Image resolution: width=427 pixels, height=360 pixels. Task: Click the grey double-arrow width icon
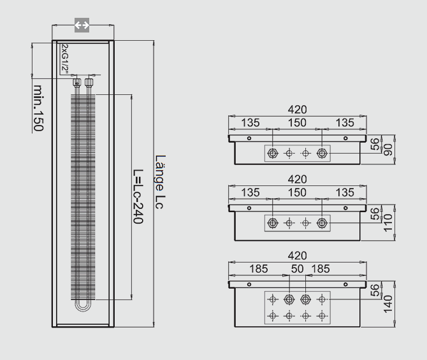82,25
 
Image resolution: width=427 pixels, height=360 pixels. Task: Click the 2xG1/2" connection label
65,58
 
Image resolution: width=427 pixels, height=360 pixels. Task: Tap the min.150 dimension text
38,108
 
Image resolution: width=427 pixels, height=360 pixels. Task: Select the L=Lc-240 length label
138,196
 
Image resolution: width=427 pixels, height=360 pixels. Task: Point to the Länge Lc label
160,182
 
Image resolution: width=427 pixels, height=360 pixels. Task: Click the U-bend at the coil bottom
83,306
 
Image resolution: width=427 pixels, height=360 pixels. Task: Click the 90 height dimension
388,150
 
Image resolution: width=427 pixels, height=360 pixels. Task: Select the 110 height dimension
388,223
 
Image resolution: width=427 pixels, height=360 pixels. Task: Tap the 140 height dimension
388,304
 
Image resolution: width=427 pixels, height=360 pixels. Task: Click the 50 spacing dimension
297,269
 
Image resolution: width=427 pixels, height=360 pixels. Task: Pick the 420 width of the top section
298,110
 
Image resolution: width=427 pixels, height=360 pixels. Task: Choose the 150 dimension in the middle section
297,192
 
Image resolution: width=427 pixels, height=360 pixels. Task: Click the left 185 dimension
259,269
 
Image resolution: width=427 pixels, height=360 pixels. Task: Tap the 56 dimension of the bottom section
375,291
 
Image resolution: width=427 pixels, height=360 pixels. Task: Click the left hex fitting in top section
273,154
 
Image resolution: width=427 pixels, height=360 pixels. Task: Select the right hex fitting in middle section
322,223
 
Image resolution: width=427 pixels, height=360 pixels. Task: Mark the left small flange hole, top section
249,138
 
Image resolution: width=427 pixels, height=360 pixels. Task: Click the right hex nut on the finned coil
89,82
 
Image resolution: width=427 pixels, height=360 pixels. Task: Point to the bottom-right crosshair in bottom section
322,316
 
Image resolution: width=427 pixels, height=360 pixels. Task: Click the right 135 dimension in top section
345,123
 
